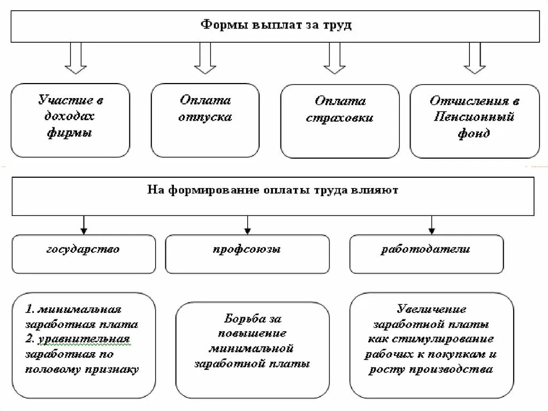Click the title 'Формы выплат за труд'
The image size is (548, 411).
click(x=276, y=25)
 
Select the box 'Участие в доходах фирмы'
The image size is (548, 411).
click(x=70, y=119)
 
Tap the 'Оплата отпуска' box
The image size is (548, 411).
click(x=205, y=119)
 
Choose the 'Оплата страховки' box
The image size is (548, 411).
click(x=340, y=121)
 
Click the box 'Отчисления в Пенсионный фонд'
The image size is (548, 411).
click(x=474, y=121)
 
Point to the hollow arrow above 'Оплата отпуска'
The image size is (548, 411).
click(x=205, y=58)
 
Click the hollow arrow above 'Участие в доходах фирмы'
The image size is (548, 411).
click(x=75, y=58)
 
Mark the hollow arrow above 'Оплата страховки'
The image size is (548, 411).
click(x=334, y=58)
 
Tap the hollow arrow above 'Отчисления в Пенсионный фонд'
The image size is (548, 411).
click(x=474, y=58)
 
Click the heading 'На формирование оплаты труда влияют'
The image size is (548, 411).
click(x=272, y=191)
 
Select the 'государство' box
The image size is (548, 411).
click(x=83, y=253)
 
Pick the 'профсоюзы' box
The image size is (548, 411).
click(x=247, y=253)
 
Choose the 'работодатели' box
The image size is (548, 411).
click(x=426, y=253)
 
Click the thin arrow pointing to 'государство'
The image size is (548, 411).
click(x=83, y=225)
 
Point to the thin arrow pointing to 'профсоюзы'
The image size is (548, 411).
click(x=247, y=225)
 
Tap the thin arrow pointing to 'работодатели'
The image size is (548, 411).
click(x=431, y=225)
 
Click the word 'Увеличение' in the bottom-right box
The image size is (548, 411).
click(x=431, y=309)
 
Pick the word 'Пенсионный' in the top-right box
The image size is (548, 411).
click(x=474, y=117)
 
